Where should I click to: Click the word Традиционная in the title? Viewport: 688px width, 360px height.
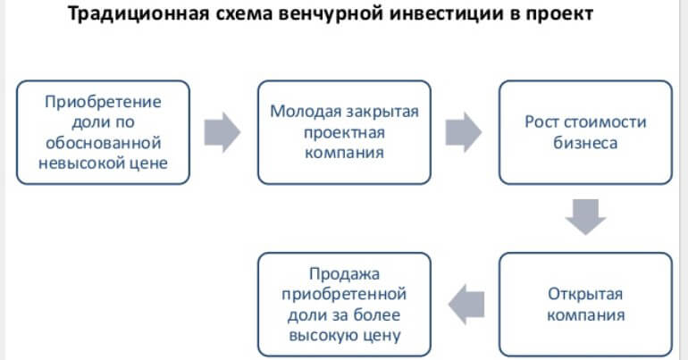(138, 14)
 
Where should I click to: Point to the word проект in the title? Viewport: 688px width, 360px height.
(559, 14)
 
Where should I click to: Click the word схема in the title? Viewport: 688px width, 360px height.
(244, 14)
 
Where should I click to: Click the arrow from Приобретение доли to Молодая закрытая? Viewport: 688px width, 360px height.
(222, 132)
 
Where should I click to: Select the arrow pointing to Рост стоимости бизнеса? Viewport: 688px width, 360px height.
(464, 132)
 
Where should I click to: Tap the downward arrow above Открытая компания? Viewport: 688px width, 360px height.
(585, 216)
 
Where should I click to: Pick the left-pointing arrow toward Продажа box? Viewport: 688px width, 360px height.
(466, 304)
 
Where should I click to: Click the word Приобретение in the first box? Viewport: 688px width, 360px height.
(103, 102)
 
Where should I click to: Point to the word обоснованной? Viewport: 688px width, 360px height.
(103, 143)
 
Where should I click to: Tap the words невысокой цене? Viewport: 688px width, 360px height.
(103, 163)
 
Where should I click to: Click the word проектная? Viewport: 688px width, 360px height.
(344, 132)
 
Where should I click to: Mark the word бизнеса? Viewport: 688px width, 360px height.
(585, 143)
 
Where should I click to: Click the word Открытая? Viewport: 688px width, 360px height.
(585, 294)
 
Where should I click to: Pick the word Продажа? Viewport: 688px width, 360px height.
(344, 273)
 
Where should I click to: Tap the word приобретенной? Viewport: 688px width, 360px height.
(344, 294)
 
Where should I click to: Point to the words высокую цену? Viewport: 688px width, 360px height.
(344, 336)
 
